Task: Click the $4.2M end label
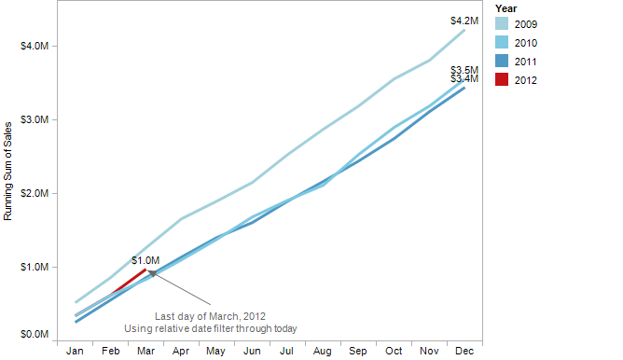click(464, 21)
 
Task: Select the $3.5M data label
click(464, 70)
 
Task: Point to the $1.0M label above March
click(145, 260)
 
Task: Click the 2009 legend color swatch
click(501, 24)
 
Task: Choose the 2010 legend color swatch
click(501, 43)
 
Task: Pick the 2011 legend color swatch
click(501, 62)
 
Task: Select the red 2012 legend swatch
click(501, 80)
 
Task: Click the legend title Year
click(505, 8)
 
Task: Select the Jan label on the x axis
click(76, 351)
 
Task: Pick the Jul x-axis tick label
click(287, 351)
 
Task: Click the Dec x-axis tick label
click(464, 351)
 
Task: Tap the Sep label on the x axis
click(357, 351)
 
